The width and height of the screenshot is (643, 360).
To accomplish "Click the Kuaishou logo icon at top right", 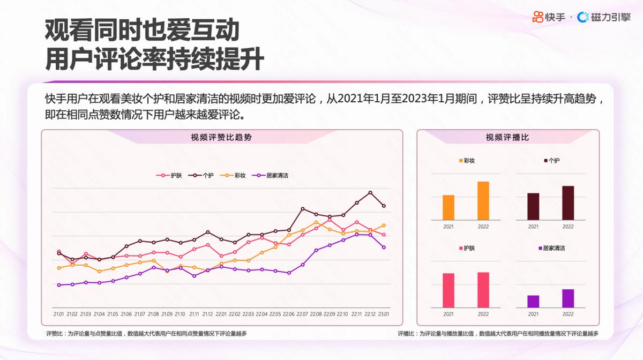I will pyautogui.click(x=538, y=17).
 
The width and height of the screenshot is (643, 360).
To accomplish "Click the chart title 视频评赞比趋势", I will pyautogui.click(x=221, y=137).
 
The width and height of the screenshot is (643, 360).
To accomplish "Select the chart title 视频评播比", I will pyautogui.click(x=507, y=137).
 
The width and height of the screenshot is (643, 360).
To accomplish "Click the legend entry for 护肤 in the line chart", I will pyautogui.click(x=170, y=175).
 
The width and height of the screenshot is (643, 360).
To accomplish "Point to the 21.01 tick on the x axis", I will pyautogui.click(x=58, y=314).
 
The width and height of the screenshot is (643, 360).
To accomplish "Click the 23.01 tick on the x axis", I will pyautogui.click(x=384, y=314).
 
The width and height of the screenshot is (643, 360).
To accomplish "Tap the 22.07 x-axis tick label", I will pyautogui.click(x=302, y=314).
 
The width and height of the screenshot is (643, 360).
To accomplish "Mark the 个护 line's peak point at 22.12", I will pyautogui.click(x=370, y=192).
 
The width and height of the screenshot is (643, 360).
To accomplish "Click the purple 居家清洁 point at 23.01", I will pyautogui.click(x=384, y=247).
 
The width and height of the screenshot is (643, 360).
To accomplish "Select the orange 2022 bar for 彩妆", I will pyautogui.click(x=483, y=201).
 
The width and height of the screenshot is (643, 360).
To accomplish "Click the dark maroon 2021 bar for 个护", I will pyautogui.click(x=533, y=206).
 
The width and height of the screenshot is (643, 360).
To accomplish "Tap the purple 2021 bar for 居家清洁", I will pyautogui.click(x=533, y=301).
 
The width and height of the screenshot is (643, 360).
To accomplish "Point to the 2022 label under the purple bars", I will pyautogui.click(x=568, y=314).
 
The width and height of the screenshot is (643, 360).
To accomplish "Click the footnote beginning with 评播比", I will pyautogui.click(x=498, y=334).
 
